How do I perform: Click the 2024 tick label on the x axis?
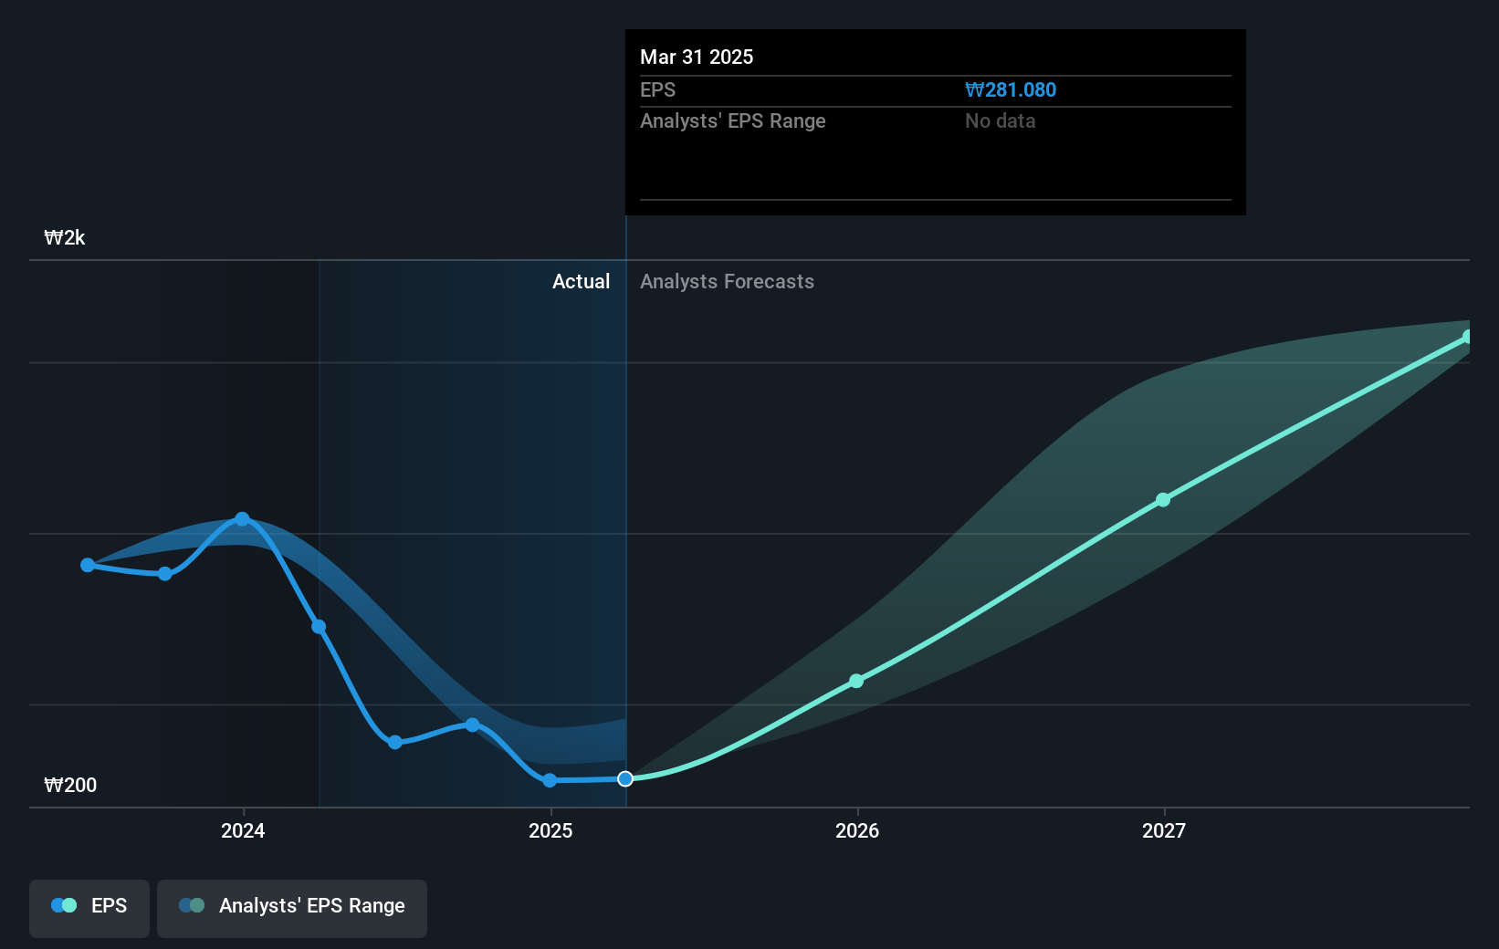(x=243, y=830)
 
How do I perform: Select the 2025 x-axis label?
(x=550, y=830)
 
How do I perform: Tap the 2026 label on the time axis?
(x=857, y=830)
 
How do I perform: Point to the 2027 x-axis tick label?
(x=1164, y=830)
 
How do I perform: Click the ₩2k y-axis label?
(x=65, y=238)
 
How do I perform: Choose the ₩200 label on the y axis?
(x=70, y=786)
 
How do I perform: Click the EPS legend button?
(x=89, y=907)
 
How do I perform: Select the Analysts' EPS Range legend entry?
(x=292, y=907)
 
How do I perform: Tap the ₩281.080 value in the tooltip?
(x=1011, y=90)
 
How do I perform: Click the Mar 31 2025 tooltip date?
(x=697, y=57)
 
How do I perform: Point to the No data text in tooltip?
(x=1000, y=121)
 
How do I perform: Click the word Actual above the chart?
(x=581, y=282)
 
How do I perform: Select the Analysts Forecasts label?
(x=727, y=282)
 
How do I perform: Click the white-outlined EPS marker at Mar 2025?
(x=625, y=778)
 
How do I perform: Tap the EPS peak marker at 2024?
(x=242, y=519)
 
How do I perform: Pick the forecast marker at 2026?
(x=856, y=681)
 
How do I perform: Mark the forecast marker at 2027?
(x=1163, y=500)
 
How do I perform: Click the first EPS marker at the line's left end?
(x=88, y=566)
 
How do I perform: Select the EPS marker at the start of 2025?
(x=550, y=780)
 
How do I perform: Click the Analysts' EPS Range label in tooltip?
(x=732, y=121)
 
